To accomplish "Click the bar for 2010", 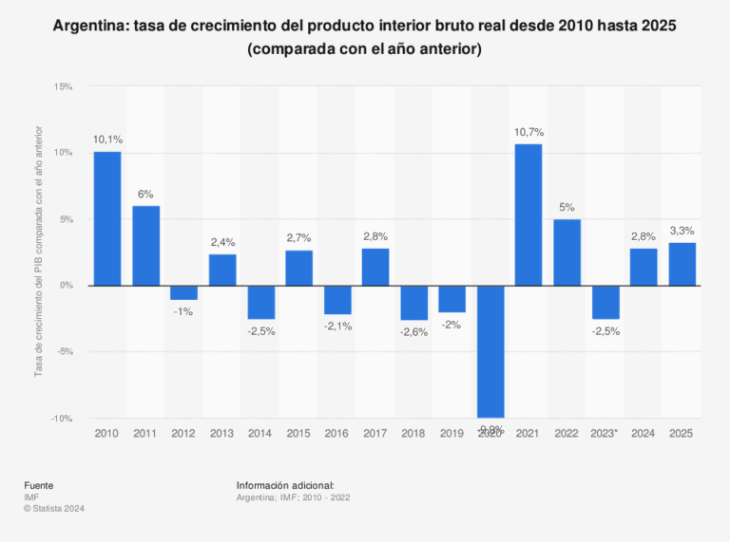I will (x=107, y=218).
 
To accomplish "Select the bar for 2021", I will (x=528, y=215).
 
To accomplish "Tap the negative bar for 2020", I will (x=490, y=351).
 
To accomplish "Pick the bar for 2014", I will (x=260, y=302).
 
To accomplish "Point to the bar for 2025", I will (x=682, y=264).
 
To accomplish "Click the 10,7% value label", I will (x=528, y=132).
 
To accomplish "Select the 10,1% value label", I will (x=107, y=140).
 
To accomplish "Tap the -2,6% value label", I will (x=413, y=332).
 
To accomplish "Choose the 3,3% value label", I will (x=682, y=231).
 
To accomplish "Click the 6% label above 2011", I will (x=145, y=194).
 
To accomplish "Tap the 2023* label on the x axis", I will (x=605, y=433).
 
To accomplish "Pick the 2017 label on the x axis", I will (x=375, y=433).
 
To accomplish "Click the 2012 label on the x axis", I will (x=183, y=433).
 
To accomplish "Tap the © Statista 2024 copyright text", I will (x=55, y=508).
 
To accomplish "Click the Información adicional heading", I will (x=285, y=485).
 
